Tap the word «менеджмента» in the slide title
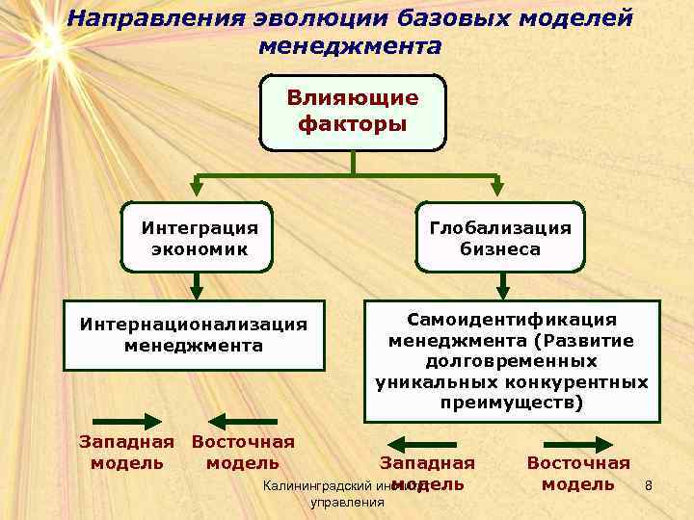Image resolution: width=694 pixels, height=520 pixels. pyautogui.click(x=351, y=45)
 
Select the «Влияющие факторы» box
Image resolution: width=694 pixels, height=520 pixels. pyautogui.click(x=353, y=112)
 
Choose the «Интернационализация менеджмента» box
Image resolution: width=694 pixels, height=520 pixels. pyautogui.click(x=194, y=334)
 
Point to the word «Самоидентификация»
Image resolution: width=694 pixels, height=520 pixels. pyautogui.click(x=512, y=319)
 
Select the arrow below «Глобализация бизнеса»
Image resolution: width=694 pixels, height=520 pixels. pyautogui.click(x=502, y=286)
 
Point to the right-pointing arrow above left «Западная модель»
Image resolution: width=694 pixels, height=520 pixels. pyautogui.click(x=126, y=421)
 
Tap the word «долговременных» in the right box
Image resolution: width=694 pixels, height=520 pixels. pyautogui.click(x=511, y=361)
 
